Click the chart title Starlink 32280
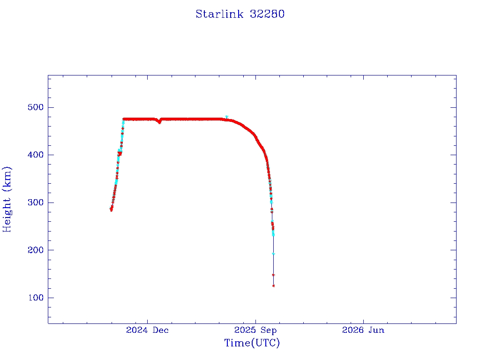[240, 14]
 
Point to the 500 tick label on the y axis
[36, 107]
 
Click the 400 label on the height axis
[36, 155]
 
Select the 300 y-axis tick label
[36, 202]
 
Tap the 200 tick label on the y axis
[36, 250]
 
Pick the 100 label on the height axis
[36, 298]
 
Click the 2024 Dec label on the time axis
[147, 330]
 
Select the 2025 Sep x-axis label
[255, 330]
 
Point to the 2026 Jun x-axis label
[363, 330]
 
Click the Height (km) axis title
[7, 199]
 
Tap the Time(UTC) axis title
[252, 343]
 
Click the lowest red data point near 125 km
[273, 286]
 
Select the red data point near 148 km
[273, 275]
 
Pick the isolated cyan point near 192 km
[273, 254]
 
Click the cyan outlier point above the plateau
[226, 117]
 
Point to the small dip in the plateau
[159, 122]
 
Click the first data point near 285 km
[111, 210]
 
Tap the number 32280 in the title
[267, 14]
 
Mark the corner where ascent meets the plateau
[123, 119]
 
